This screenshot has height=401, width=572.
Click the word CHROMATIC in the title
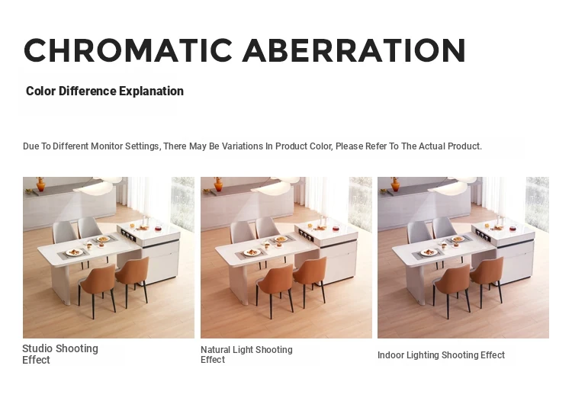128,50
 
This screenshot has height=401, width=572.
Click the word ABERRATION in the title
354,50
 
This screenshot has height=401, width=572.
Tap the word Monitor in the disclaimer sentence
107,146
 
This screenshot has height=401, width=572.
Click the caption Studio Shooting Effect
60,354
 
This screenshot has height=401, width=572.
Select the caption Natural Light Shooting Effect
246,354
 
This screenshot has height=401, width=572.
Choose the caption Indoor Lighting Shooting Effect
441,355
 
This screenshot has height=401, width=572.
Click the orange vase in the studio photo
40,184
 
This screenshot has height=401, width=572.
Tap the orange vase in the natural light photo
218,184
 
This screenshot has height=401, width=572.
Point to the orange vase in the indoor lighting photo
395,184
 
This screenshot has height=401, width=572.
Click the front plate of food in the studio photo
75,252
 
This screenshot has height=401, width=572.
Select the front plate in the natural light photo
252,252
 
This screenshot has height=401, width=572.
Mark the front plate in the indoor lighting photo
429,252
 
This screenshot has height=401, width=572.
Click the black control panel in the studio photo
128,236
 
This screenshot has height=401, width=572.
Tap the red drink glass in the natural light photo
336,229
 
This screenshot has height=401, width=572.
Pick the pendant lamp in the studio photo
98,185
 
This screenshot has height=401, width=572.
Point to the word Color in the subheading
41,91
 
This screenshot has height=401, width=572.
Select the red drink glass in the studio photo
158,229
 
